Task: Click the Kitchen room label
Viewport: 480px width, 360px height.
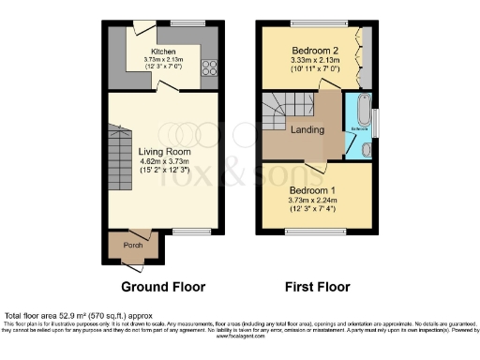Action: (165, 52)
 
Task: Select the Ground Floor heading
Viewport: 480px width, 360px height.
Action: (163, 286)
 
